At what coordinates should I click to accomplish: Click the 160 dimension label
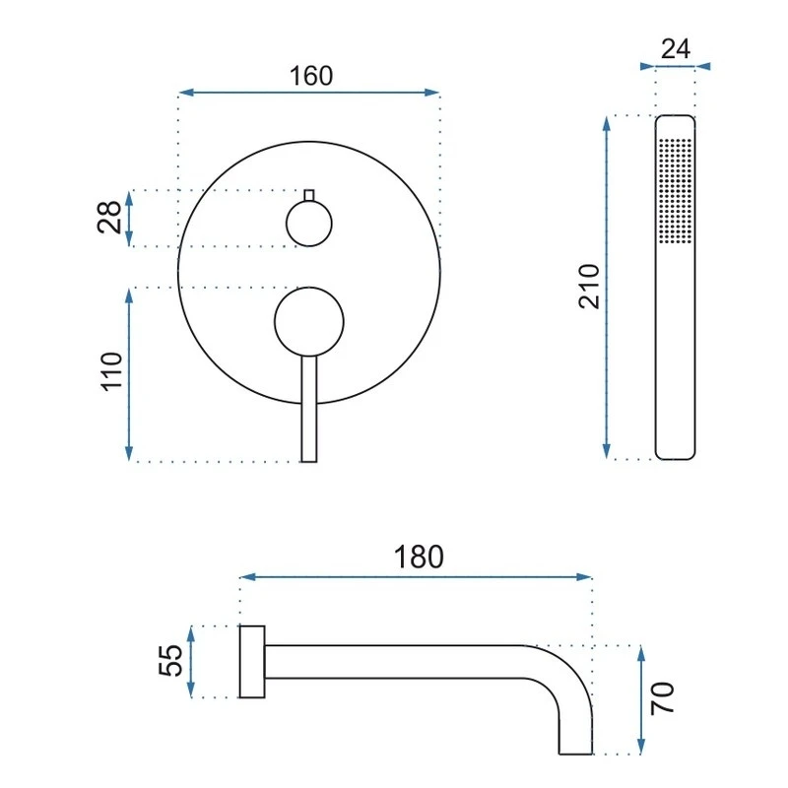[311, 76]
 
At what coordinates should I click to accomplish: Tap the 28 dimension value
[111, 217]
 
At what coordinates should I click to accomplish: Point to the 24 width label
[675, 49]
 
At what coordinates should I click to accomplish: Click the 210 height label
[589, 286]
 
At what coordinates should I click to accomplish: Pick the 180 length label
[419, 557]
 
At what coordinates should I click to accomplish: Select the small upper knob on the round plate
[308, 224]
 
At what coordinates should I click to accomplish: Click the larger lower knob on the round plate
[309, 321]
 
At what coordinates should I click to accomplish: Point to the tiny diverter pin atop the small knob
[308, 194]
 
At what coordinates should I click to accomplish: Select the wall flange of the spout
[253, 661]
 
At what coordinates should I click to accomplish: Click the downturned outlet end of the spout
[576, 729]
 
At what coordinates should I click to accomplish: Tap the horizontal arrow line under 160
[309, 94]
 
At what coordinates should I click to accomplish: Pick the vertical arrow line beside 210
[608, 287]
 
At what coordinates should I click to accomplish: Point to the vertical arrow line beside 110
[130, 373]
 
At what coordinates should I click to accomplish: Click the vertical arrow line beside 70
[642, 699]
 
